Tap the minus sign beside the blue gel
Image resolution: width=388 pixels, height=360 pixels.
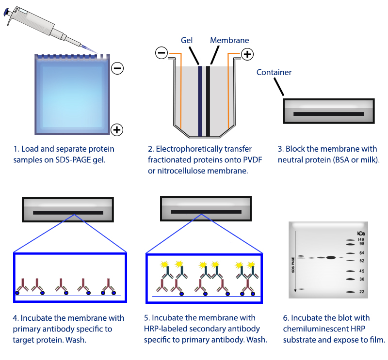pos(117,68)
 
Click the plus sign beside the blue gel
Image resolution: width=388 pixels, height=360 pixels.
pos(117,129)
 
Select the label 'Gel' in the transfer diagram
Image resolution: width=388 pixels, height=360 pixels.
pos(187,41)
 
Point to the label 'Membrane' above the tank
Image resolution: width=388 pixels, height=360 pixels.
pos(229,41)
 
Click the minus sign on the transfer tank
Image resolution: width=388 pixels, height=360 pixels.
pos(162,52)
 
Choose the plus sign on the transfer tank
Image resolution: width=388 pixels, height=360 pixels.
pos(247,54)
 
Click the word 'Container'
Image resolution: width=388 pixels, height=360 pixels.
pos(274,73)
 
